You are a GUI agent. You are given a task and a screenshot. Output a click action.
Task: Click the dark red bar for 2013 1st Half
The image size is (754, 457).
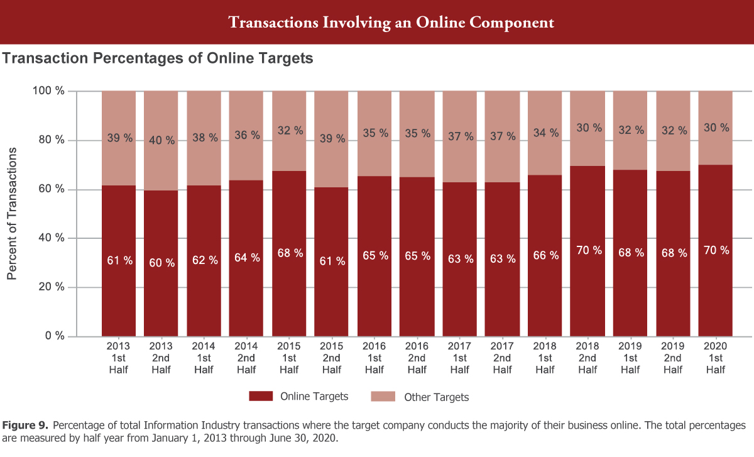119,295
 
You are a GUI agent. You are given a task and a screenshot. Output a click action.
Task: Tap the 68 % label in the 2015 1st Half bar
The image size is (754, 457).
290,253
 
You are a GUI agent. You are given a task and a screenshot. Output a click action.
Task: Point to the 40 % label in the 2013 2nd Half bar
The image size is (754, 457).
161,140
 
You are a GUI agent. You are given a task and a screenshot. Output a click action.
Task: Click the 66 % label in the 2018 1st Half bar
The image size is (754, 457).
545,256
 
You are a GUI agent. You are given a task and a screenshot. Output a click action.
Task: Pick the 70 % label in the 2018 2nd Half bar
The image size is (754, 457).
588,250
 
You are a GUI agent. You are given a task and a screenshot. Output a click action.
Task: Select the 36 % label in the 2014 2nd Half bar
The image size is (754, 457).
247,135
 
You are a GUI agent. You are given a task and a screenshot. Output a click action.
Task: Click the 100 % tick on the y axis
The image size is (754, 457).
48,91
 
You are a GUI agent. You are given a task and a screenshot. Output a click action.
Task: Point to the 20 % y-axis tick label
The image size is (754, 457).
51,287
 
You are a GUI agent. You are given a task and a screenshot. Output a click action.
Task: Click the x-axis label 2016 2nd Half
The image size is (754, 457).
417,358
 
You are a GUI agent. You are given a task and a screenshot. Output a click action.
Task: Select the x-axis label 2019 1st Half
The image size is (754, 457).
630,358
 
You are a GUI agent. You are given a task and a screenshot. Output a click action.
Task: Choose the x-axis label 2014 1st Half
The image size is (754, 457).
204,358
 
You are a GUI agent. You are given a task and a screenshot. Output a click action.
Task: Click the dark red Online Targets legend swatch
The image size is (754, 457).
261,396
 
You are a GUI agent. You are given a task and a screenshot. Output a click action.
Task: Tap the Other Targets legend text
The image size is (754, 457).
436,397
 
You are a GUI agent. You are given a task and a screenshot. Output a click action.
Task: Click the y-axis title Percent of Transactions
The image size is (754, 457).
12,214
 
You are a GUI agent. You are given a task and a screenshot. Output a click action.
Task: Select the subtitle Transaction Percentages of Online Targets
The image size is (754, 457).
158,59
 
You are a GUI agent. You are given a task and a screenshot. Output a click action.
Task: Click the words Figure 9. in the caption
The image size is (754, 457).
23,426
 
